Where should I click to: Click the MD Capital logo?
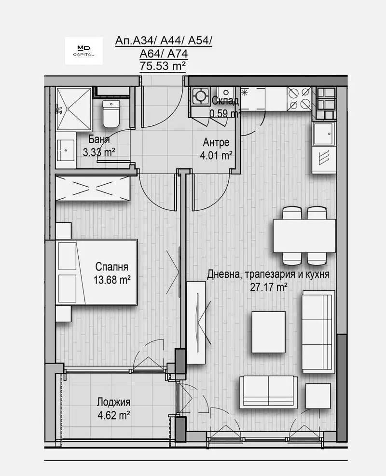pos(84,51)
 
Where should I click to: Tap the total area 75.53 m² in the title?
pos(163,66)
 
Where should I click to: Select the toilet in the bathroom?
pos(111,114)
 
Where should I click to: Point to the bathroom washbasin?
pos(66,150)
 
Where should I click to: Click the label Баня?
pos(99,139)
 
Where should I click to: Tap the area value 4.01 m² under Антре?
pos(216,155)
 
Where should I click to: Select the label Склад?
pos(225,100)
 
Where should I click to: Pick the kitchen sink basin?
pos(324,133)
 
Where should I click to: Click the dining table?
pos(304,235)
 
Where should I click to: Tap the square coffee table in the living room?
pos(268,332)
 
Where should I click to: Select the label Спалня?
pos(112,267)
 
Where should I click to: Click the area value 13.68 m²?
pos(112,279)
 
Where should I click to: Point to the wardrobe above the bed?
pos(93,188)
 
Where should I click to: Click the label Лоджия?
pos(113,402)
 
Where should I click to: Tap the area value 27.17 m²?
pos(269,286)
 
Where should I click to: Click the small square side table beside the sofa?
pos(318,396)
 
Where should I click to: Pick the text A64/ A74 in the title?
pos(164,54)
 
